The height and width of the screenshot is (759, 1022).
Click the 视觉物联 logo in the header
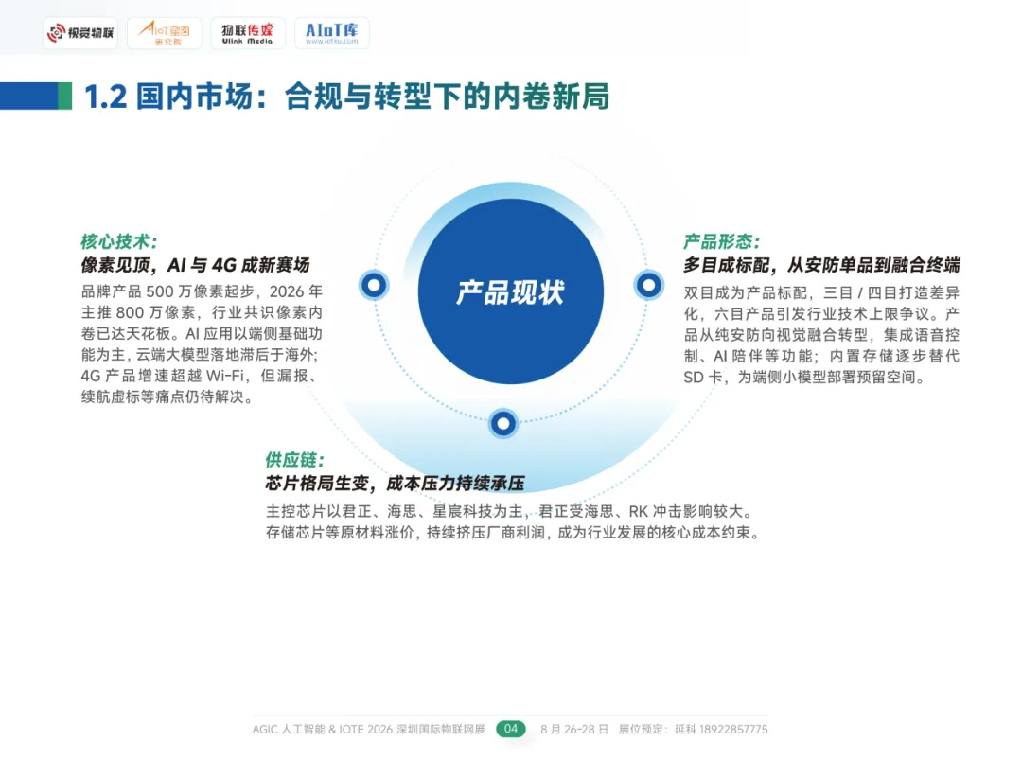click(80, 34)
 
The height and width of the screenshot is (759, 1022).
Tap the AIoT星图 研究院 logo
click(164, 34)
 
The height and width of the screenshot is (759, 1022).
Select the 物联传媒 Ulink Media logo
click(247, 34)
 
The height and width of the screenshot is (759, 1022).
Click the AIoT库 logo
click(331, 34)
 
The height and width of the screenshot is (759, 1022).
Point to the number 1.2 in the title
click(106, 97)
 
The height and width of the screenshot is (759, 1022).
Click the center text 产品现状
click(510, 291)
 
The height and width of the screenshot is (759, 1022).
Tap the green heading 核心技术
click(118, 241)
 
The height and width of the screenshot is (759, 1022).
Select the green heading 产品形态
click(722, 242)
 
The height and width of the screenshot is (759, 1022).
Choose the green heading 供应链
click(294, 460)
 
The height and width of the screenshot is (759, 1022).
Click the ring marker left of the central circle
click(374, 284)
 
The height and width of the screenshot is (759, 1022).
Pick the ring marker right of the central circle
click(648, 284)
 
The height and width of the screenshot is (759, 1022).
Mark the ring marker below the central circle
click(503, 423)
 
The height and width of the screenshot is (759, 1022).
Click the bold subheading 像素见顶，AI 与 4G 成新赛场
click(195, 265)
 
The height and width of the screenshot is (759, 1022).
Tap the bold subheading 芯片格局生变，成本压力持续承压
click(395, 484)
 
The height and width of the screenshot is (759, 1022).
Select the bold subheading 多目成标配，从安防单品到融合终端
click(821, 266)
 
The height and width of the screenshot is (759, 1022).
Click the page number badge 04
click(511, 729)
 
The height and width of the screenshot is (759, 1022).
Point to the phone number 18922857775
click(721, 730)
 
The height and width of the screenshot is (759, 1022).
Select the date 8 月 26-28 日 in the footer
click(574, 730)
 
